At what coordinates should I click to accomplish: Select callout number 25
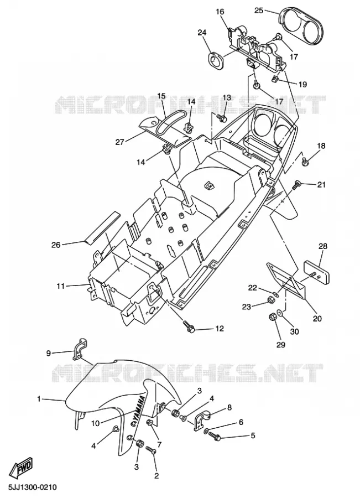pos(259,11)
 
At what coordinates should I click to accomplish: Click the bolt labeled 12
pos(189,327)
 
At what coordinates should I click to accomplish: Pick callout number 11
pos(60,286)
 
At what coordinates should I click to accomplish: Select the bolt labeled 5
pos(215,436)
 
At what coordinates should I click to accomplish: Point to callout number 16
pos(220,12)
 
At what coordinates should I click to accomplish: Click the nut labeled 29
pos(273,317)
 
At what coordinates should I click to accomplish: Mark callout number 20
pos(317,318)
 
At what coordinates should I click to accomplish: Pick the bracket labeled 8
pos(202,421)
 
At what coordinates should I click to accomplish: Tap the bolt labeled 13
pos(222,119)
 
